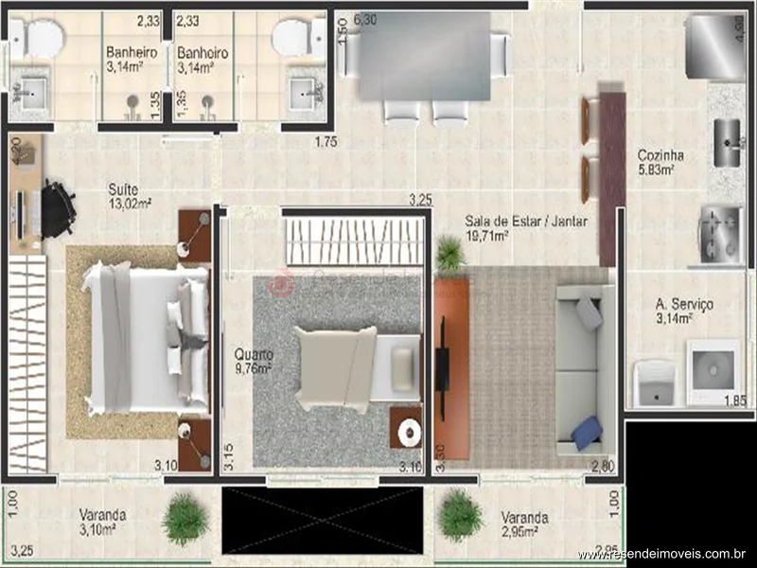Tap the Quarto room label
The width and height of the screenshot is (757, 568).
point(254,355)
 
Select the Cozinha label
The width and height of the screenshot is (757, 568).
point(660,156)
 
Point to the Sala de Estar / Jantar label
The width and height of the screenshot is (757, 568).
point(526,222)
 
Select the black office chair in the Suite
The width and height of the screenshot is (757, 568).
point(57,208)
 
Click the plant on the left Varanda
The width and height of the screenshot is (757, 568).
point(185,518)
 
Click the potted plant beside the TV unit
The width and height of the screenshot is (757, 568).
point(449,254)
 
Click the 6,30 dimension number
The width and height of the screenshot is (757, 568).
point(364,19)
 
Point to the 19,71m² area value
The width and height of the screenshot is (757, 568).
point(487,236)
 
